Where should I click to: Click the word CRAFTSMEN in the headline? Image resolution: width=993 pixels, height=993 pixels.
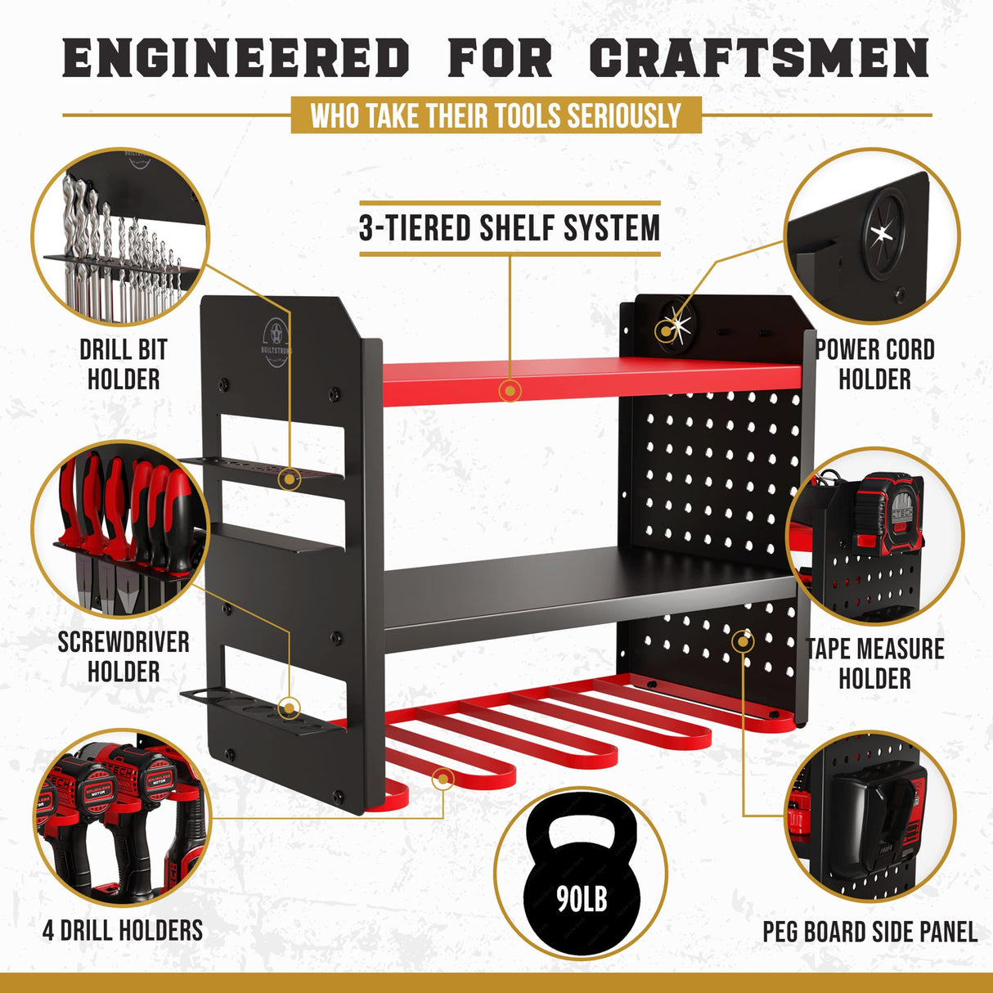758,59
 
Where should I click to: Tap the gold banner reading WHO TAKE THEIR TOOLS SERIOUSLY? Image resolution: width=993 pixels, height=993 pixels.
496,115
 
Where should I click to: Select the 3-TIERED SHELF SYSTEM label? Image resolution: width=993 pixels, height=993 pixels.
510,228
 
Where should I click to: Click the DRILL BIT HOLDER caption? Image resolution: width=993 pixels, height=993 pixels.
124,365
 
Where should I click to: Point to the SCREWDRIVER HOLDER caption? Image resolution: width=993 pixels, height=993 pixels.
124,657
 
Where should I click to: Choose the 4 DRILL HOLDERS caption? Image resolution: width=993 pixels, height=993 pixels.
123,930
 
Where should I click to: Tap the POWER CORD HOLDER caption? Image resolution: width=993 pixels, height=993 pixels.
874,365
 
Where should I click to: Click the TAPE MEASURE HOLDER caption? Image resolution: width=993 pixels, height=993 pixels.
874,663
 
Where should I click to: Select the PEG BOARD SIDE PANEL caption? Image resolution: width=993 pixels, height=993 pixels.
869,932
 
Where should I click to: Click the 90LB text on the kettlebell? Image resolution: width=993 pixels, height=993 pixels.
582,900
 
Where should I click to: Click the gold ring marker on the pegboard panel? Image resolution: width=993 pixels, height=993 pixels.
743,640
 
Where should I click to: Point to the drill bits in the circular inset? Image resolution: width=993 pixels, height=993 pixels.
115,245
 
